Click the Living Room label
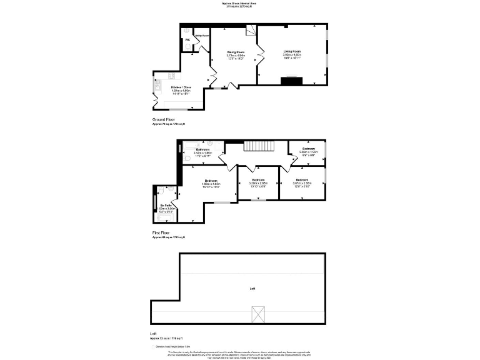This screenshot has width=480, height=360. tap(292, 52)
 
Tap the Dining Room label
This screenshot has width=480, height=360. tap(236, 52)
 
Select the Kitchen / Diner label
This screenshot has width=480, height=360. tap(181, 87)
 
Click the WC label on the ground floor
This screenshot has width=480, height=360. tap(187, 39)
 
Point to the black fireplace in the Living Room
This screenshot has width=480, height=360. tap(292, 80)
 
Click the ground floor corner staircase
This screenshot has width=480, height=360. tap(251, 31)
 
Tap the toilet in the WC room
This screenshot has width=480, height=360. tap(187, 47)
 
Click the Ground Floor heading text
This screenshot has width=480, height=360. tap(164, 119)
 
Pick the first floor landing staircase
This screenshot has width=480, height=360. tap(258, 146)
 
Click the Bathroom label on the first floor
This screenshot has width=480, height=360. tap(202, 149)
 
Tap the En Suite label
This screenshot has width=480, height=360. tap(166, 205)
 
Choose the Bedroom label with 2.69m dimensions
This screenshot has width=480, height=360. tap(309, 149)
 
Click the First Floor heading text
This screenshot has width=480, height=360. tap(161, 232)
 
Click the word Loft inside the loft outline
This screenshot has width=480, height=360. tap(252, 289)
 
